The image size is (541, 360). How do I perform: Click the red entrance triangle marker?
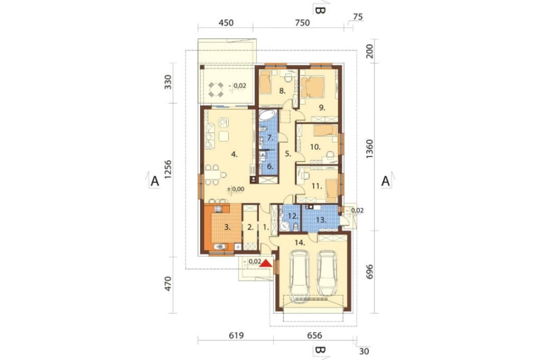click(x=266, y=264)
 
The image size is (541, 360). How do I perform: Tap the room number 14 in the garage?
click(x=299, y=243)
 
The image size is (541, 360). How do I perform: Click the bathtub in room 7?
click(x=267, y=115)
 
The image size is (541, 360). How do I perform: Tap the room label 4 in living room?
click(x=234, y=155)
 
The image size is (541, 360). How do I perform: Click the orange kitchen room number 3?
click(x=228, y=228)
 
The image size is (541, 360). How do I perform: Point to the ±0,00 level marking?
click(x=236, y=189)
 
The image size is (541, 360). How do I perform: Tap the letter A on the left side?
click(x=155, y=182)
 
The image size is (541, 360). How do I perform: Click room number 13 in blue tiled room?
click(x=320, y=219)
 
